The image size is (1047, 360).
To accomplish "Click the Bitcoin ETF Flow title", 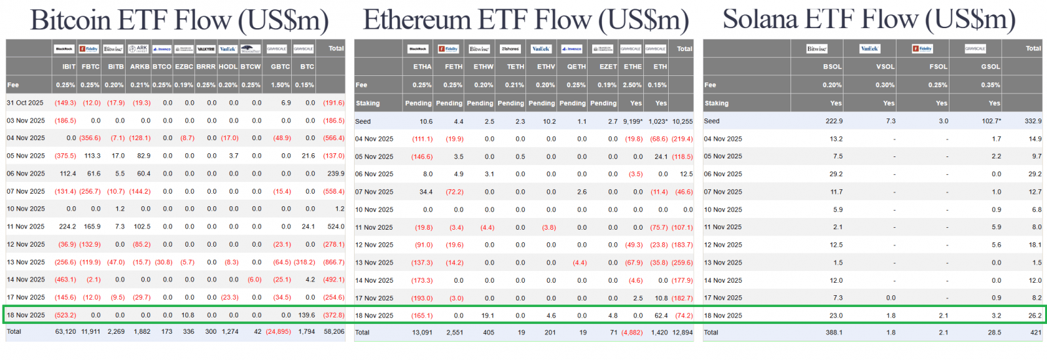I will point(179,20).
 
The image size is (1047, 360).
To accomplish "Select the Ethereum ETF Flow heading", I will point(525,20).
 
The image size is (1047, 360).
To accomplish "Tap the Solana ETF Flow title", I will point(868,20).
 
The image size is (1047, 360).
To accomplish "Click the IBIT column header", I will point(69,67).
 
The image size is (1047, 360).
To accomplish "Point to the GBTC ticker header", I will point(280,67).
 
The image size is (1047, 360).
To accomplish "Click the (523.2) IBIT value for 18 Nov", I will point(65,315).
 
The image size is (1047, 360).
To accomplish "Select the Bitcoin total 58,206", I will point(334,332).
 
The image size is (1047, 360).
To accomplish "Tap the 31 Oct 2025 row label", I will point(25,103).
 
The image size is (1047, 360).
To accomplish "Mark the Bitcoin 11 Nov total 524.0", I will point(336,226).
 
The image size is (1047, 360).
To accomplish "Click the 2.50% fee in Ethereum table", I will point(632,85).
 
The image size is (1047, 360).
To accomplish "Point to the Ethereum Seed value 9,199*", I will point(633,121).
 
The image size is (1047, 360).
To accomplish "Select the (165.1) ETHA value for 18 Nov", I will point(422,315).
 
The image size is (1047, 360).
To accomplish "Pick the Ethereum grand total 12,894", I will point(683,333).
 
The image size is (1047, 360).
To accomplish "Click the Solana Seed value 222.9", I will point(834,121).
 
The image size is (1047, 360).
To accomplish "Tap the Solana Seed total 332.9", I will point(1033,121).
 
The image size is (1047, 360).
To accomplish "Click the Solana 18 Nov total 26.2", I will point(1035,315).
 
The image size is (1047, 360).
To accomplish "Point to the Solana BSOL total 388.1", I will point(834,333).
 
